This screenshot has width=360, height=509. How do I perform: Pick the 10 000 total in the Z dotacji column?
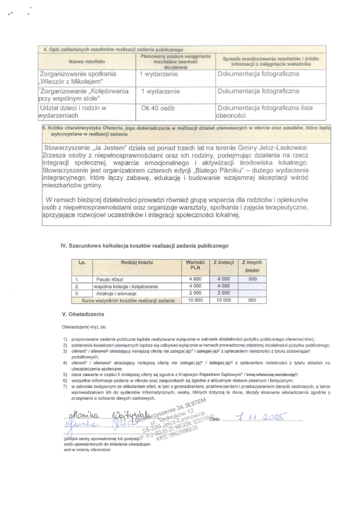[x=223, y=299]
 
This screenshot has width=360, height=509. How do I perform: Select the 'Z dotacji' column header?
[x=223, y=262]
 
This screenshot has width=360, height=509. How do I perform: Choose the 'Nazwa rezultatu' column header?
[x=87, y=61]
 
